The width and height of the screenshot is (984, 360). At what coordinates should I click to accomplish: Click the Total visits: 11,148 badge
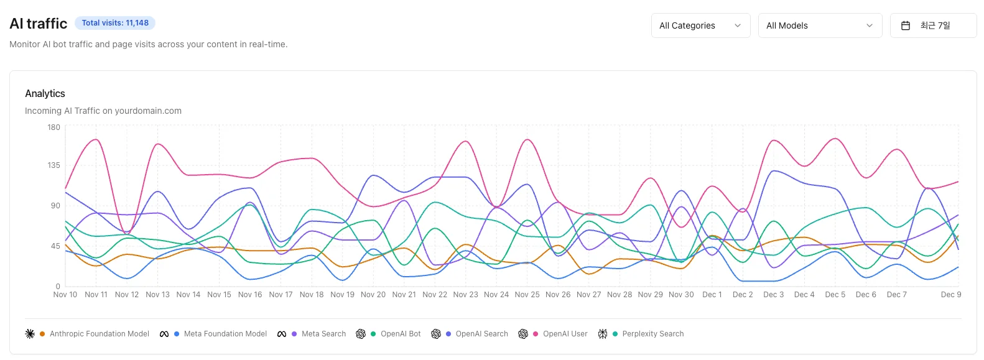[x=115, y=23]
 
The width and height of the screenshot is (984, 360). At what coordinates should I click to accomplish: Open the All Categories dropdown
[x=700, y=25]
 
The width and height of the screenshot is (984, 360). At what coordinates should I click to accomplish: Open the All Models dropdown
[x=819, y=25]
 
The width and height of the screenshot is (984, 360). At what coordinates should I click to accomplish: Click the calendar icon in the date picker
[x=906, y=25]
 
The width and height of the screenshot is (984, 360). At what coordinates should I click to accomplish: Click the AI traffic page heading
[x=39, y=24]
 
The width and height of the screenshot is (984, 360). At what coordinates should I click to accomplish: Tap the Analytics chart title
[x=45, y=93]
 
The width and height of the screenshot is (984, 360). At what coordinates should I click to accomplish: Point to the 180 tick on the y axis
[x=54, y=127]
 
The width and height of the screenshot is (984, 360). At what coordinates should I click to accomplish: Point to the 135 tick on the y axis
[x=54, y=165]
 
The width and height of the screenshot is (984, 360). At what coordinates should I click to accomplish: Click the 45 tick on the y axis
[x=55, y=246]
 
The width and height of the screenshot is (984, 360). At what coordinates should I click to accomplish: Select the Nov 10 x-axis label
[x=65, y=295]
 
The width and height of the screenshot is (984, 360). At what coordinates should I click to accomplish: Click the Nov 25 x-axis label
[x=527, y=295]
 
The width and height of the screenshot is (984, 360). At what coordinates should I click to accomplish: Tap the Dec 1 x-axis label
[x=712, y=295]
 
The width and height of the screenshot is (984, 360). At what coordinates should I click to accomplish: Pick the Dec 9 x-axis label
[x=950, y=295]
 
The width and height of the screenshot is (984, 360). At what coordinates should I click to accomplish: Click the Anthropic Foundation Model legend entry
[x=99, y=334]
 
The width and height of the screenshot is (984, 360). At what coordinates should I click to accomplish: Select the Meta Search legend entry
[x=323, y=334]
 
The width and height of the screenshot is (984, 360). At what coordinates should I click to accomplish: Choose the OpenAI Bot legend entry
[x=400, y=334]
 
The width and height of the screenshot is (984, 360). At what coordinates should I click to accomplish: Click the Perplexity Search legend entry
[x=652, y=334]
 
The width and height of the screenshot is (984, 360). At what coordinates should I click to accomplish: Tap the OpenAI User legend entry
[x=564, y=334]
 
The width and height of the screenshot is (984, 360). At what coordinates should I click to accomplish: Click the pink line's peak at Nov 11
[x=96, y=139]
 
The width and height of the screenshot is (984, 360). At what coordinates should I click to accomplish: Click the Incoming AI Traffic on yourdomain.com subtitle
[x=103, y=111]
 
